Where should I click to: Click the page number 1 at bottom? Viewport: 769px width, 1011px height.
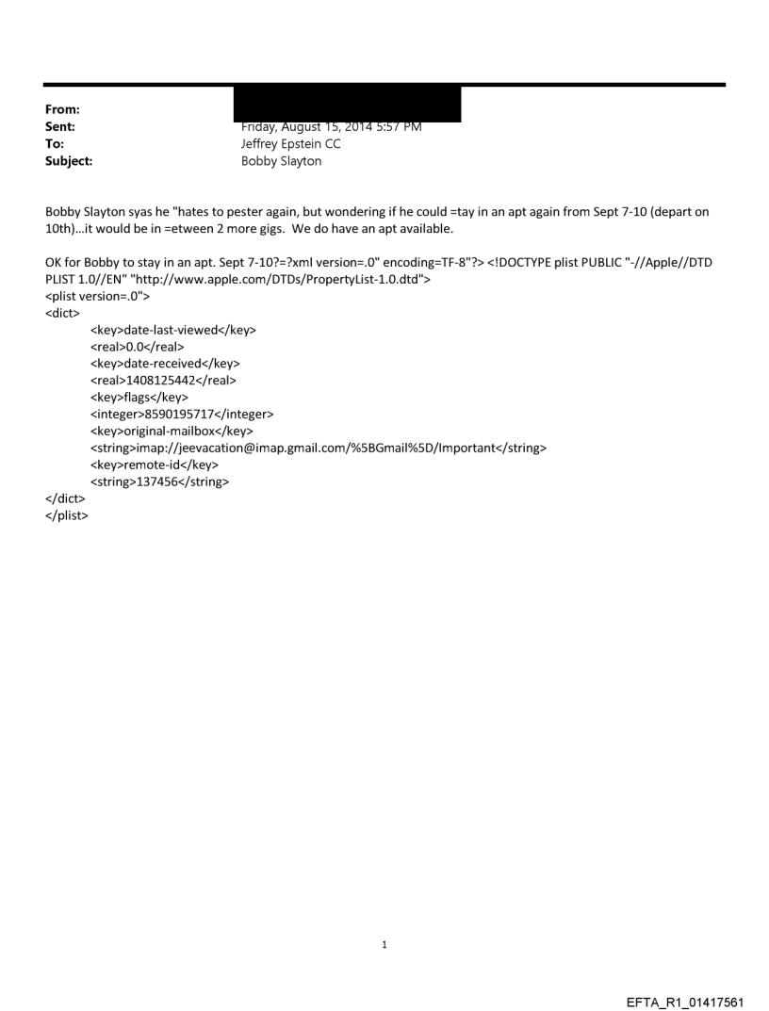tap(384, 943)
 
